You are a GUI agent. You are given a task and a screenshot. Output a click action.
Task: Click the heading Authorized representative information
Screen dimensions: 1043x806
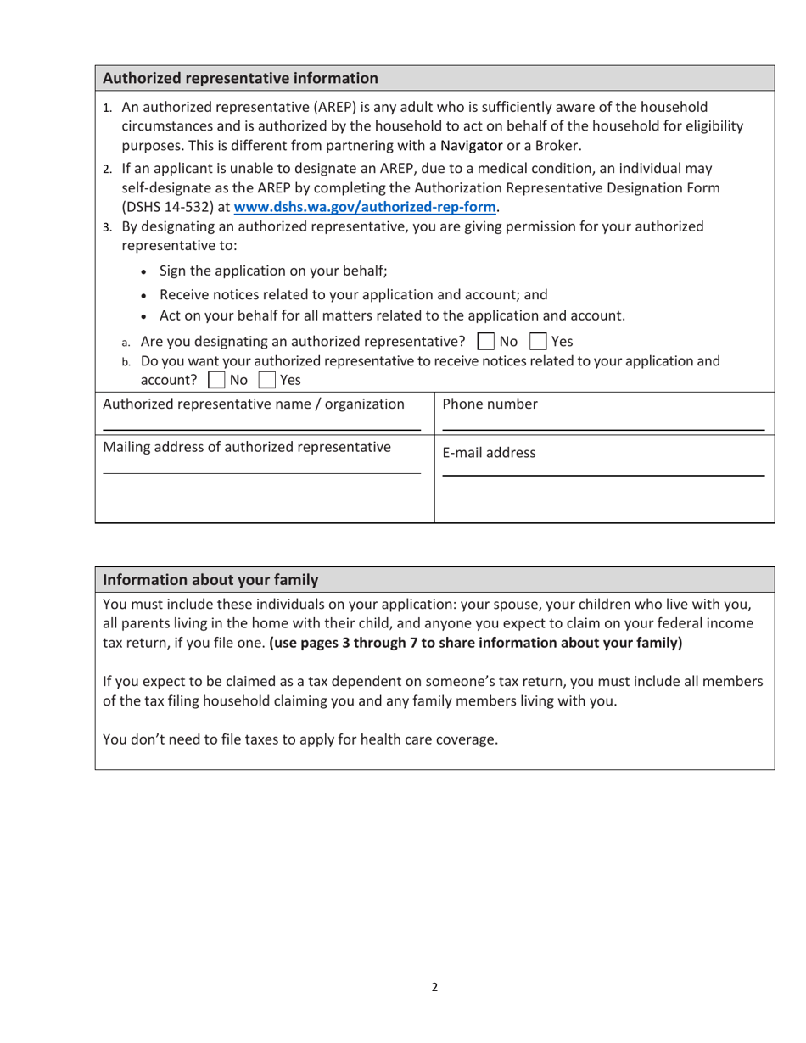(x=240, y=79)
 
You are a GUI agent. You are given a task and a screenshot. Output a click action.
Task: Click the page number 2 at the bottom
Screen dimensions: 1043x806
(x=434, y=987)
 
